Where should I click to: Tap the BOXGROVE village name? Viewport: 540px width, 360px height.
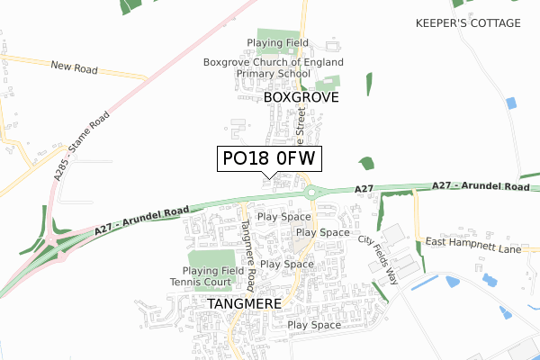pyautogui.click(x=301, y=97)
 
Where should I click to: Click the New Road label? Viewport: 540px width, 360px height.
pyautogui.click(x=74, y=66)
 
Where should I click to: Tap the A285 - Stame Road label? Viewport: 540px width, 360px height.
pyautogui.click(x=80, y=148)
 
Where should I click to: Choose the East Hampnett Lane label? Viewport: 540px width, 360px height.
pyautogui.click(x=473, y=243)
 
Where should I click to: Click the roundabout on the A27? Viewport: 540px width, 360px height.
pyautogui.click(x=313, y=192)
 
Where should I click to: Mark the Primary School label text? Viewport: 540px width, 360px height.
pyautogui.click(x=273, y=75)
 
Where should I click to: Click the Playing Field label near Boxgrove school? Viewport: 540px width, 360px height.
pyautogui.click(x=278, y=42)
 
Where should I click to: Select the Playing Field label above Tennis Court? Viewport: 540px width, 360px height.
pyautogui.click(x=213, y=271)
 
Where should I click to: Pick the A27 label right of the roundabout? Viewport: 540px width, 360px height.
pyautogui.click(x=364, y=188)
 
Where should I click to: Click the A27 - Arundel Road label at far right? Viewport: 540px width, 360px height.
pyautogui.click(x=481, y=186)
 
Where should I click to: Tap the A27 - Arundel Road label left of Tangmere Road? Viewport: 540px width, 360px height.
pyautogui.click(x=142, y=221)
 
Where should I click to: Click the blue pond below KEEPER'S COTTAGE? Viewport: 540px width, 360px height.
pyautogui.click(x=511, y=103)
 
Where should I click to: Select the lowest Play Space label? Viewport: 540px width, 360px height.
pyautogui.click(x=314, y=325)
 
